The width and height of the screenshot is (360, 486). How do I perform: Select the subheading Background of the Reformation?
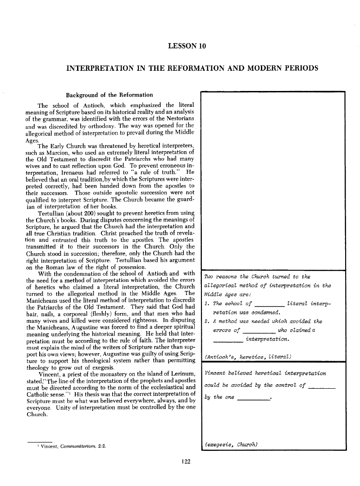[109, 95]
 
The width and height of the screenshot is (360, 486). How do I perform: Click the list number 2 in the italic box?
[206, 321]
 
